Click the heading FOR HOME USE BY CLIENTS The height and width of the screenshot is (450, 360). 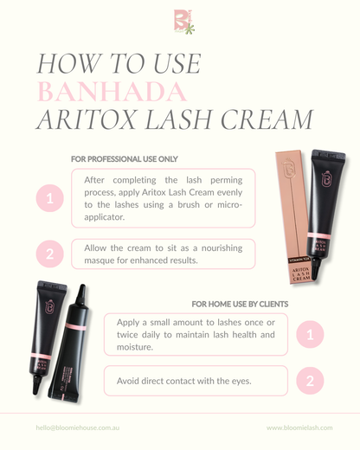(240, 304)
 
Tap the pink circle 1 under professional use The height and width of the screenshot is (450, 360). (49, 199)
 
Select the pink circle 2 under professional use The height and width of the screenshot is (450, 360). (49, 254)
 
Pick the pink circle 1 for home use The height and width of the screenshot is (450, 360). (310, 334)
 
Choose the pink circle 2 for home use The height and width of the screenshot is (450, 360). (310, 381)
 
